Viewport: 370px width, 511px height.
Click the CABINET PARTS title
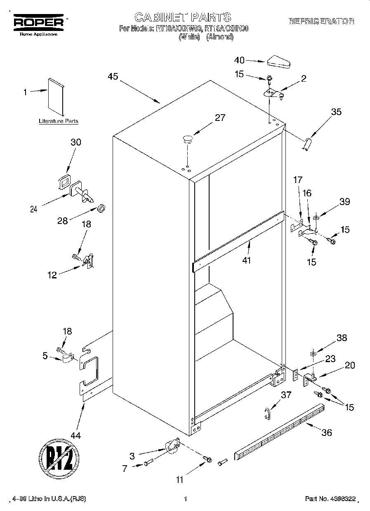(x=183, y=17)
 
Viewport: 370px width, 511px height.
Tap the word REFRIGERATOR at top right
(x=321, y=21)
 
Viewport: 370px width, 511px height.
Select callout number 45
(x=113, y=77)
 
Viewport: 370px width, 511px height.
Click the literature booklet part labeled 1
(x=56, y=96)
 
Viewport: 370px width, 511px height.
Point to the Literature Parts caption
(x=58, y=121)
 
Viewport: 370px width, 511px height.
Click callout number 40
(x=239, y=60)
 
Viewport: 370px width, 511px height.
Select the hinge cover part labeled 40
(x=279, y=62)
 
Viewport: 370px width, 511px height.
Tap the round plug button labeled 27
(x=188, y=138)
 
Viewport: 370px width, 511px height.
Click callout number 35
(x=336, y=111)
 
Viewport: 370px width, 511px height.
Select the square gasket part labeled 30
(x=65, y=181)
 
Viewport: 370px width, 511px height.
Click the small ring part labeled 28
(x=100, y=207)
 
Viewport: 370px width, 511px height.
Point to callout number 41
(x=247, y=260)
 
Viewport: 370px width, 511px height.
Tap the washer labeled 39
(x=316, y=217)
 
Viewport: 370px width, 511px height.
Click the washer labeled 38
(x=313, y=353)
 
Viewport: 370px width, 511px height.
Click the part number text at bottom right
(x=330, y=499)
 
